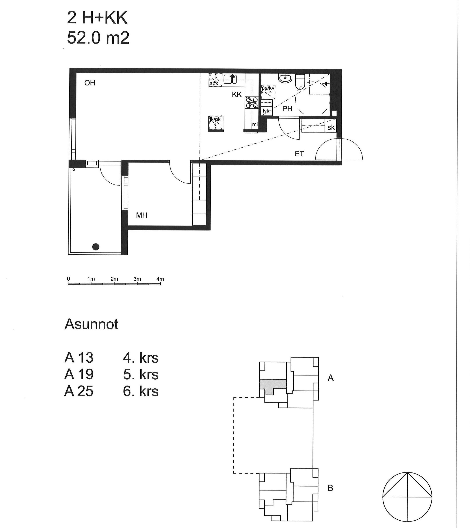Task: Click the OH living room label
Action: click(x=90, y=83)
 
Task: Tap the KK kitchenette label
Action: click(x=237, y=94)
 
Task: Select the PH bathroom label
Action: click(x=287, y=109)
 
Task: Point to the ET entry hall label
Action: click(x=299, y=154)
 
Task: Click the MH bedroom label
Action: click(x=142, y=215)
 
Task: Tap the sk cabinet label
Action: click(x=331, y=127)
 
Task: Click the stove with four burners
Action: click(x=252, y=102)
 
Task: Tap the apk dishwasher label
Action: click(x=214, y=84)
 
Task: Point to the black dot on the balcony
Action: click(x=96, y=247)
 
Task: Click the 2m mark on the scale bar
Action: click(x=114, y=279)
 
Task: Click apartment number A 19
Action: click(x=79, y=374)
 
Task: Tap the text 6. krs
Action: click(x=141, y=391)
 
